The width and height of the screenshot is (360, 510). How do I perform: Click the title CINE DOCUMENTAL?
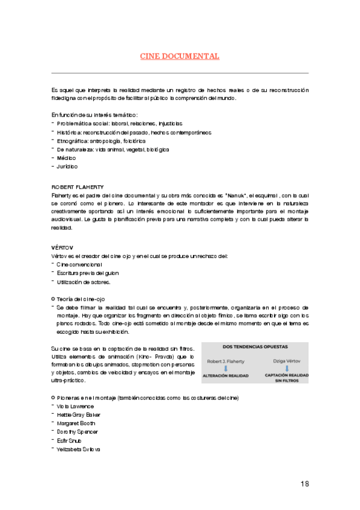point(180,57)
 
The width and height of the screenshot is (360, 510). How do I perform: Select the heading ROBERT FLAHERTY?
point(75,187)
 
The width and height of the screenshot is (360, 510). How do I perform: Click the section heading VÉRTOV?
point(63,247)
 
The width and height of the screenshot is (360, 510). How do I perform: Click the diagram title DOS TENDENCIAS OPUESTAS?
point(255,346)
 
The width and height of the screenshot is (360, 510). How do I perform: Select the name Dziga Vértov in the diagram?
point(286,361)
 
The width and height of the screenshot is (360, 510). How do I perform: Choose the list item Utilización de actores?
point(84,281)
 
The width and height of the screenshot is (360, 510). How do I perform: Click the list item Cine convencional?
point(79,265)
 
